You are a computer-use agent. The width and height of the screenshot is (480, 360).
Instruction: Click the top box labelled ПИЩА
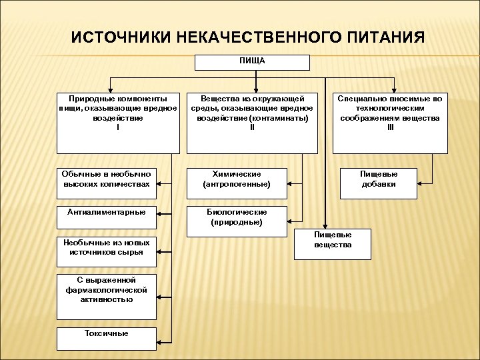(252, 62)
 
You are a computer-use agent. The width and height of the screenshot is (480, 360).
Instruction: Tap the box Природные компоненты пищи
(118, 123)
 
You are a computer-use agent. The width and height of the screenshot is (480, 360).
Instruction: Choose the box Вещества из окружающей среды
(252, 123)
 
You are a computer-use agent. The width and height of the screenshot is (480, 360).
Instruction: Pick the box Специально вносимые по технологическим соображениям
(389, 123)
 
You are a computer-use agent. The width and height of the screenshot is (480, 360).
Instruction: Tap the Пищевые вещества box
(333, 243)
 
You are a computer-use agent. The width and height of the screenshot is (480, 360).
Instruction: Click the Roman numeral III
(390, 127)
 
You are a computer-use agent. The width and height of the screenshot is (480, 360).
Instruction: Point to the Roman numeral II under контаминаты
(252, 127)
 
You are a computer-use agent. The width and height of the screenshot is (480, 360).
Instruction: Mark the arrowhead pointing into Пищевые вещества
(325, 227)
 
